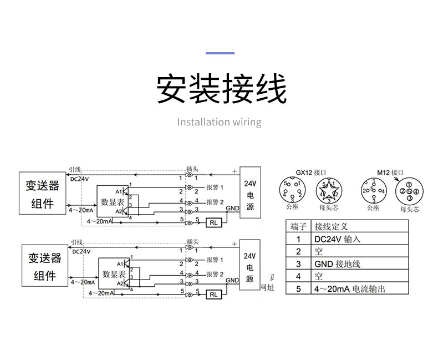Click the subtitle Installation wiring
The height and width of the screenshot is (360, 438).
click(x=219, y=122)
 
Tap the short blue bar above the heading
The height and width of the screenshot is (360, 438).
click(x=220, y=53)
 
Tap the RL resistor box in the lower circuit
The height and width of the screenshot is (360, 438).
click(x=213, y=295)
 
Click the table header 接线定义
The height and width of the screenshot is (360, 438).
click(x=332, y=226)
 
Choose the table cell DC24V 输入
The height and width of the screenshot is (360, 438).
click(x=337, y=239)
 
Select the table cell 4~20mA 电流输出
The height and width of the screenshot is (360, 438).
click(x=349, y=288)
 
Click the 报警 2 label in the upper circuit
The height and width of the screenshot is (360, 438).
click(x=215, y=201)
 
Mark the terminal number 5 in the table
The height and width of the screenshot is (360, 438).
click(x=298, y=288)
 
